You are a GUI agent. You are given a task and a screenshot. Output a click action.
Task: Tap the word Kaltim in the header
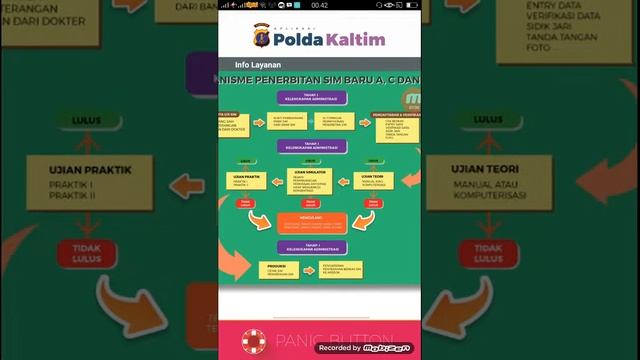(x=354, y=38)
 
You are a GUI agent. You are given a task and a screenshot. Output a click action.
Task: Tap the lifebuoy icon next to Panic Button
(x=255, y=341)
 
